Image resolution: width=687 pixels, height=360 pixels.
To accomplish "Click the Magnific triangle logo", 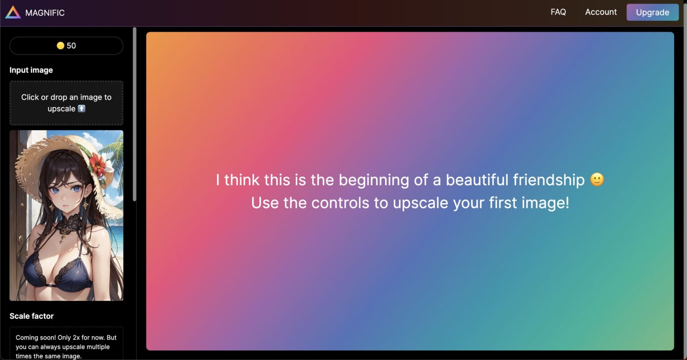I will click(13, 13).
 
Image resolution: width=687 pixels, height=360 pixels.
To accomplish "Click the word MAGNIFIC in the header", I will click(45, 13).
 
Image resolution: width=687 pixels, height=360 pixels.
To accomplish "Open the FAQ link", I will click(558, 12).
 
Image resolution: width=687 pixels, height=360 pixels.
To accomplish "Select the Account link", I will click(601, 12).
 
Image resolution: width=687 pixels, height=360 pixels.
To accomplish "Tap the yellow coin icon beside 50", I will click(60, 46).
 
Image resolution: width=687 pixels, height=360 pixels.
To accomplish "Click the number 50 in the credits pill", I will click(72, 46).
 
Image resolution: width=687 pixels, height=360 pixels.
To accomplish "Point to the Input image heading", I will click(31, 70).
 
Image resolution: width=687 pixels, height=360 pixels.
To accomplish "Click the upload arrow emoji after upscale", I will click(81, 108).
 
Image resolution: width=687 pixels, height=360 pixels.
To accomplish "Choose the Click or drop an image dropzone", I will click(66, 103).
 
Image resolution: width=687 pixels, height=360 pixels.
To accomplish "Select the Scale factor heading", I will click(31, 316).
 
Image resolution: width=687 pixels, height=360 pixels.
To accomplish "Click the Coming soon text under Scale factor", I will click(66, 347).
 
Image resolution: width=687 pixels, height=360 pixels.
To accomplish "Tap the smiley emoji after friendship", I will click(597, 180).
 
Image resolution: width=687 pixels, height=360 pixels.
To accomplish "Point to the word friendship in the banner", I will click(549, 180).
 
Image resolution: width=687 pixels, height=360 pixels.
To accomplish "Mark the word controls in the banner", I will click(341, 203).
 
